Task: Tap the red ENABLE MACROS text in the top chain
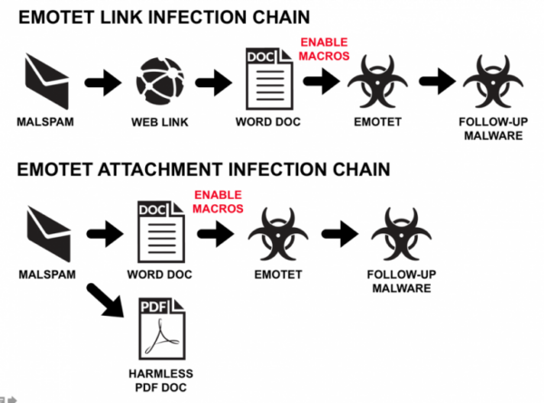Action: tap(324, 50)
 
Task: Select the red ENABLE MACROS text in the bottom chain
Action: tap(219, 201)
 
